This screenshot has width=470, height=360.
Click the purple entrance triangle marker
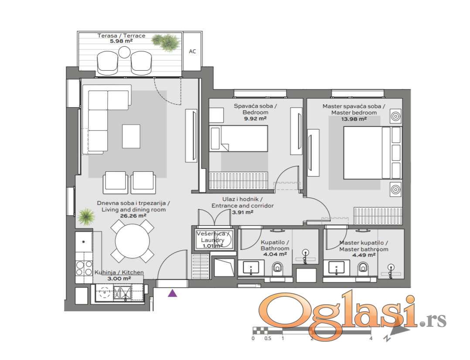coord(172,293)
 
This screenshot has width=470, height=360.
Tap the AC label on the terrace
coord(192,51)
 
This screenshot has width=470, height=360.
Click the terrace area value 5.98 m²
coord(121,41)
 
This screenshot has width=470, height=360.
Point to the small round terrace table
coord(124,52)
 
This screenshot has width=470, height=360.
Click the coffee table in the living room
coord(131,136)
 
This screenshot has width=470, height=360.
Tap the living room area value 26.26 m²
coord(133,215)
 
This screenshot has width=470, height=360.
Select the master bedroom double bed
coord(371,153)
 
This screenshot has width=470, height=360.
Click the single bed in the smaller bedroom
coord(238,138)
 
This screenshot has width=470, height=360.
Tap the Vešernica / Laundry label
coord(212,237)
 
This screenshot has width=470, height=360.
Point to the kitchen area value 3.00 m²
coord(119,278)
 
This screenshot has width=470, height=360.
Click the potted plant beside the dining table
coord(86,217)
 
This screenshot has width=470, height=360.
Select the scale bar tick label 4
coord(371,338)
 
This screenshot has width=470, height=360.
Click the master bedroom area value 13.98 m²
coord(354,119)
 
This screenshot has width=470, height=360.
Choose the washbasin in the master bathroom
coord(337,267)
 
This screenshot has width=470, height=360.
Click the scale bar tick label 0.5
coord(268,338)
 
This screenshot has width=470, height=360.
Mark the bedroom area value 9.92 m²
coord(255,119)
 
